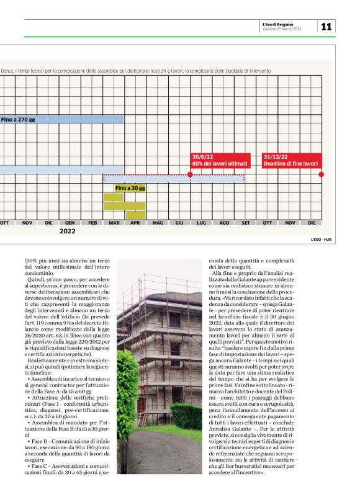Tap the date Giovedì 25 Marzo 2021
[283, 29]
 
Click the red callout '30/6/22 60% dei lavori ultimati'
[220, 161]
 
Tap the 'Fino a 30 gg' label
[130, 187]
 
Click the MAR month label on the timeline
[114, 222]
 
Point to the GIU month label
[179, 222]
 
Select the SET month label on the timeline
[246, 222]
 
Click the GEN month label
[70, 222]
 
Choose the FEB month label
[92, 222]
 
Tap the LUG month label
[201, 222]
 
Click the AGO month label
[224, 222]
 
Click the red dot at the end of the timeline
[321, 174]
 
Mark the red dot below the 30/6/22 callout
[190, 174]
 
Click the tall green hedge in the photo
[128, 403]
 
